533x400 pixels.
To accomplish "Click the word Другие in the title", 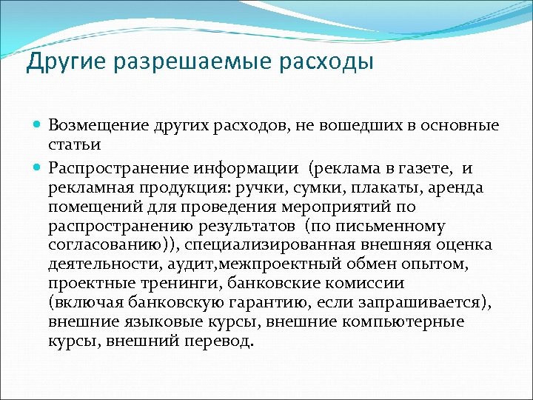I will click(x=67, y=62).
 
